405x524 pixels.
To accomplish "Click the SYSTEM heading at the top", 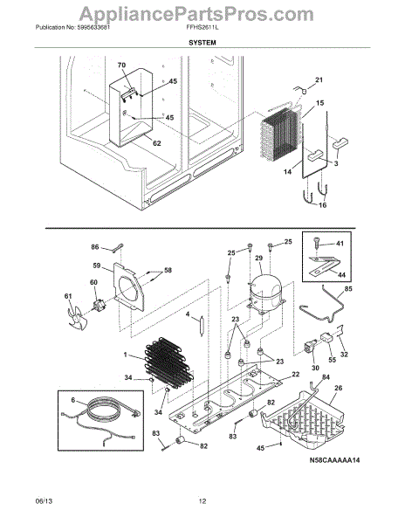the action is [x=202, y=43].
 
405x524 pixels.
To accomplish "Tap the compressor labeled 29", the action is [x=265, y=294].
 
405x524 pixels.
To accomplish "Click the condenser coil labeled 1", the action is [x=169, y=361].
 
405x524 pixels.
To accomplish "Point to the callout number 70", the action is [x=121, y=65].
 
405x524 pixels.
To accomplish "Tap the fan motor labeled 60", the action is [x=100, y=305].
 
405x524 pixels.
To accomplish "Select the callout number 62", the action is [x=156, y=143].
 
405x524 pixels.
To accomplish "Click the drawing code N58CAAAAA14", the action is [x=334, y=460].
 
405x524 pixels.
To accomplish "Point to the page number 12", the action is [x=202, y=501].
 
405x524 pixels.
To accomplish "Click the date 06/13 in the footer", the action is [x=44, y=501].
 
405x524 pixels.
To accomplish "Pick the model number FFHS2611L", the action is [x=202, y=27].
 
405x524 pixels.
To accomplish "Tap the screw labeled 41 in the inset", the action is [x=317, y=243].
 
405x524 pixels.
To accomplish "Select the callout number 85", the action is [x=347, y=289].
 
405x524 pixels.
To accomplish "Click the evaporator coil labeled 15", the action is [x=280, y=134].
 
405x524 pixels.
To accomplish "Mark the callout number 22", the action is [x=296, y=375].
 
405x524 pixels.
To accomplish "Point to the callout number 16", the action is [x=322, y=205].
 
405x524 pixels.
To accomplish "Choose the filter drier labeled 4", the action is [x=201, y=326].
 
